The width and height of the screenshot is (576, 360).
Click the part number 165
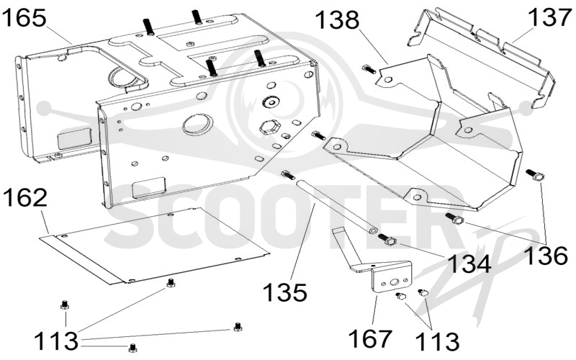coord(24,18)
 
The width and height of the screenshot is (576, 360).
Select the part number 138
coord(337,20)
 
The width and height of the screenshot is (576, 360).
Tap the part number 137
coord(549,17)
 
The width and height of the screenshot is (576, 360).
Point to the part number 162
coord(25,199)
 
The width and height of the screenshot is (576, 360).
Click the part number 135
coord(285,292)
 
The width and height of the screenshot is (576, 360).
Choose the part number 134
coord(469,264)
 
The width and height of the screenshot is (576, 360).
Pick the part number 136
coord(546,256)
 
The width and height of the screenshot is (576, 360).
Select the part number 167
coord(370,338)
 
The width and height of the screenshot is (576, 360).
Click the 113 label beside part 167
coord(438,341)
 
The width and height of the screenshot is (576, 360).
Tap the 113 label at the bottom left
coord(56,341)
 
